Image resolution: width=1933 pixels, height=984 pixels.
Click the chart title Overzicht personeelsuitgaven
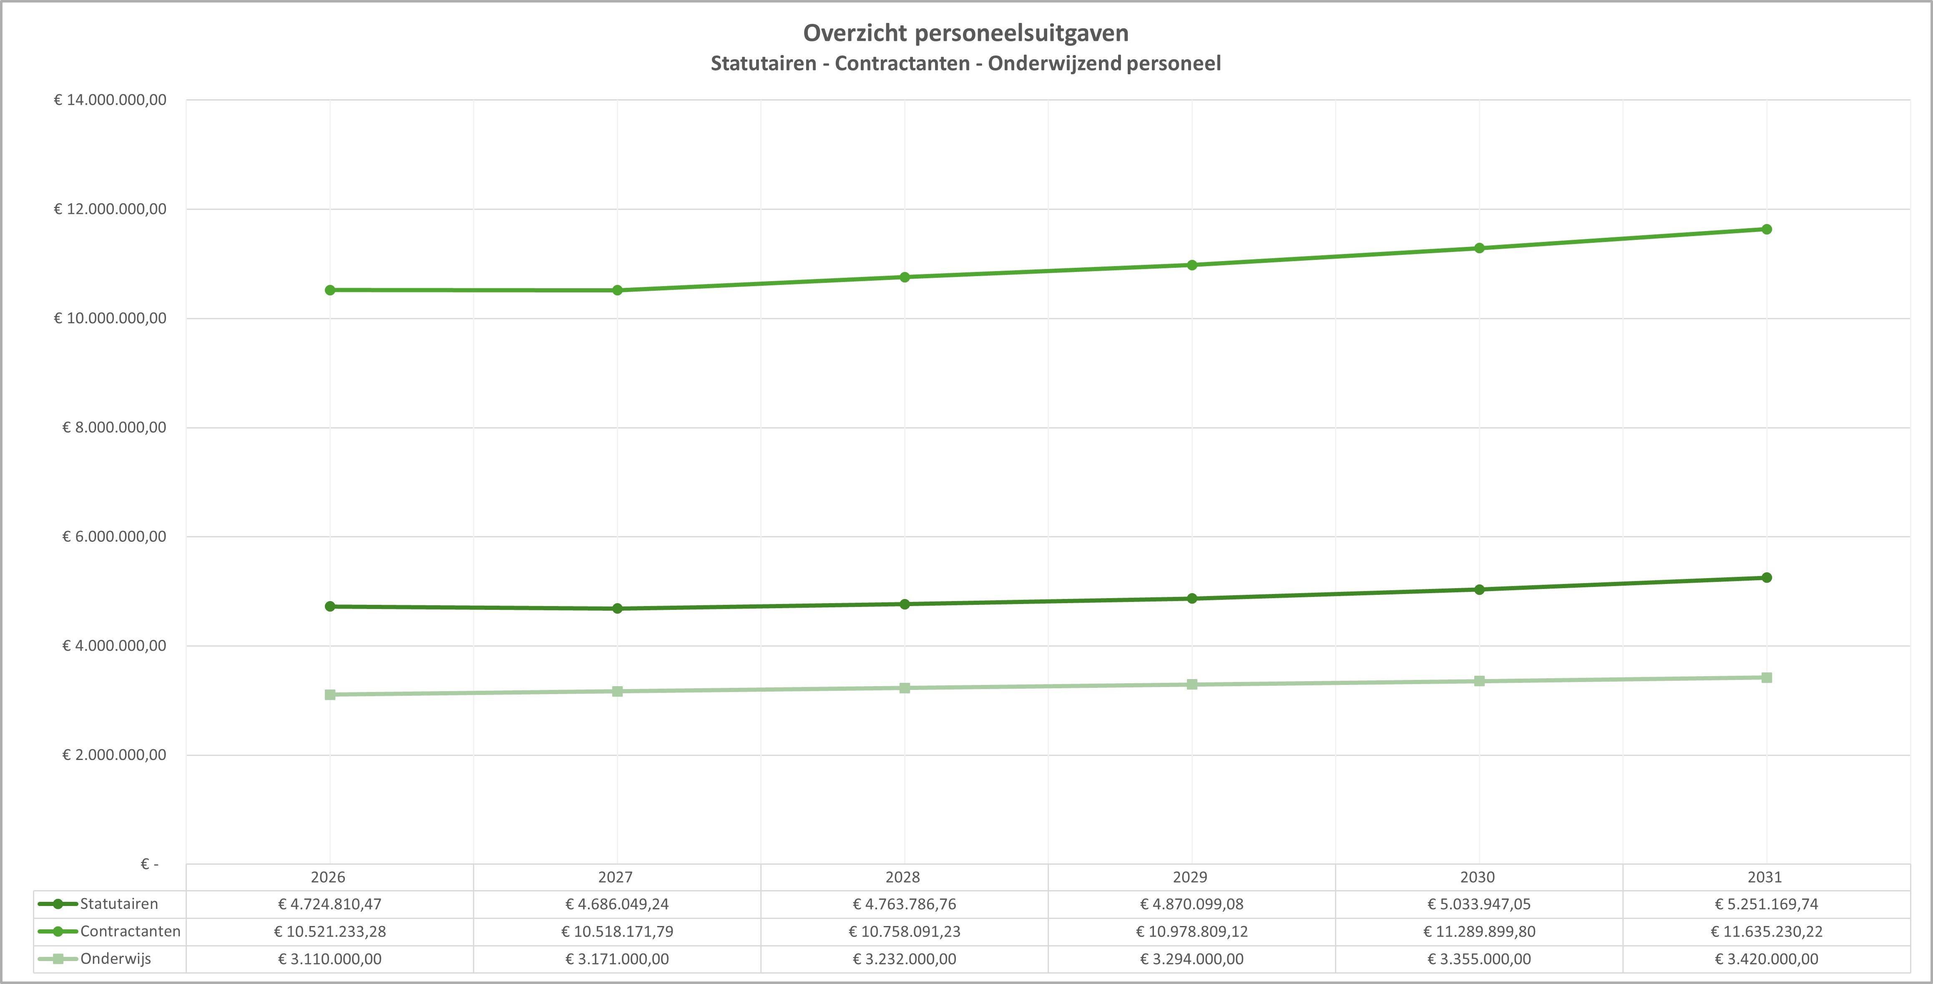pos(966,33)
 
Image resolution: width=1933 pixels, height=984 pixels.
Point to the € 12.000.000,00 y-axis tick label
pos(110,209)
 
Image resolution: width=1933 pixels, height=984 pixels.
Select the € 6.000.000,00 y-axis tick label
pos(114,537)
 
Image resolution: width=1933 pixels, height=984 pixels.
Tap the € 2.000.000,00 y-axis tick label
pos(114,755)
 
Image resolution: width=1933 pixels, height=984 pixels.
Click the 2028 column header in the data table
pos(903,877)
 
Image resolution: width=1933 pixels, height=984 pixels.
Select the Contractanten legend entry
pos(130,931)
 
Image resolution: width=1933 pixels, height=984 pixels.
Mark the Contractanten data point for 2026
pos(330,290)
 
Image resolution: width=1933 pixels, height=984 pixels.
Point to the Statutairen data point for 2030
pos(1479,590)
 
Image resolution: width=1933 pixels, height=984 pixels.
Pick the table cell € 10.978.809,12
pos(1191,931)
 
